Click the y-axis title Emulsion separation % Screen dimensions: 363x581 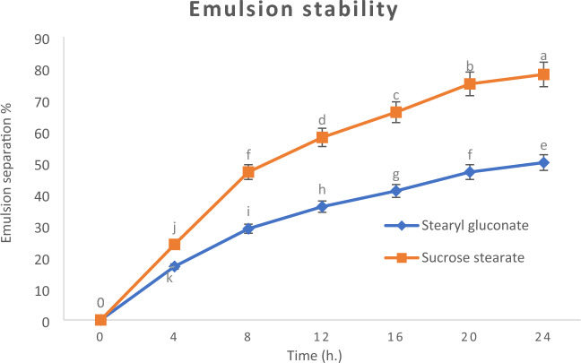click(11, 179)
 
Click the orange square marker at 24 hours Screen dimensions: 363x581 click(543, 74)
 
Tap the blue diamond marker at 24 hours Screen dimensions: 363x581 click(543, 163)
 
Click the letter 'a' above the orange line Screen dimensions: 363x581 click(543, 55)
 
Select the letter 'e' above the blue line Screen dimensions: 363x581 click(543, 145)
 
